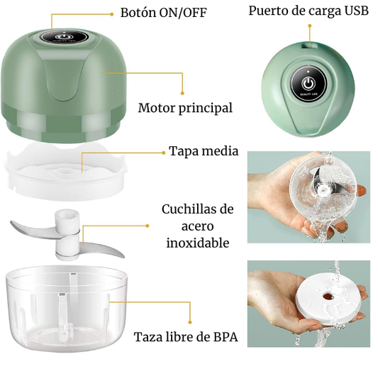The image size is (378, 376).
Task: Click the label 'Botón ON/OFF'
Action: pos(163,13)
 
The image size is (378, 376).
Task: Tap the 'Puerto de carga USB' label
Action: pos(308,11)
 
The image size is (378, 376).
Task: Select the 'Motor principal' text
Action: pos(185,108)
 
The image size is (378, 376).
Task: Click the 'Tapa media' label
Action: pos(204,152)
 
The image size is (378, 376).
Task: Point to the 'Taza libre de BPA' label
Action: pos(185,337)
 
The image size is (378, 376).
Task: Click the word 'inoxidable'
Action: pos(197,243)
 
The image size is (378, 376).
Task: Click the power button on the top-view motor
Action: pos(308,79)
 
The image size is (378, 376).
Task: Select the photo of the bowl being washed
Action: pos(308,197)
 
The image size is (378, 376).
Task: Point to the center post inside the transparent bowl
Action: pos(65,319)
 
